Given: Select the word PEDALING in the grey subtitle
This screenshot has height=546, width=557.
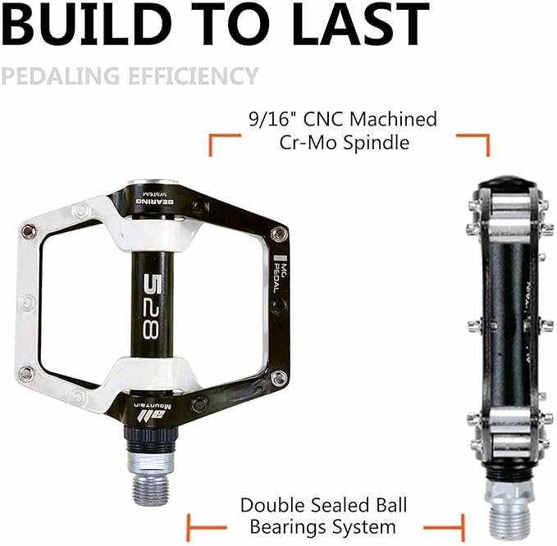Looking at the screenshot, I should coord(57,76).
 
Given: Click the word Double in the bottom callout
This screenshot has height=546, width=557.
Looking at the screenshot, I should coord(275,505).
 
